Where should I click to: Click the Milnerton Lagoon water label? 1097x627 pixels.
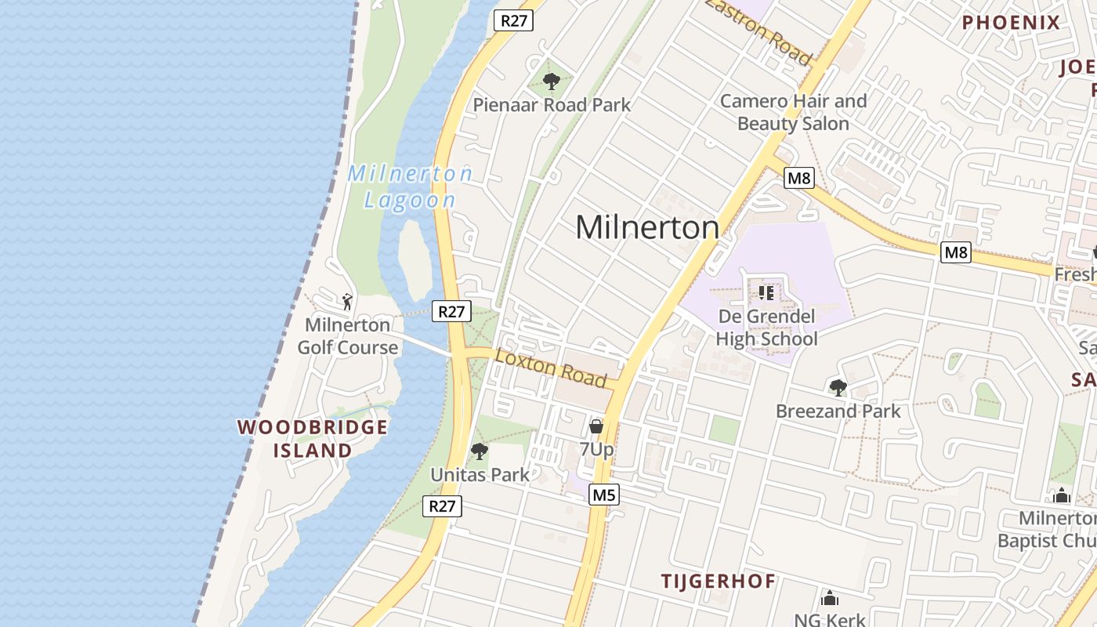411,187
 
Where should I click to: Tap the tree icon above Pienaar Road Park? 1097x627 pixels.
552,80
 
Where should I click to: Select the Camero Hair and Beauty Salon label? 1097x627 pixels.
793,112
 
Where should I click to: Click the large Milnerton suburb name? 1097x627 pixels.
647,228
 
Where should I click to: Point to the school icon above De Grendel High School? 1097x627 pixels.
766,293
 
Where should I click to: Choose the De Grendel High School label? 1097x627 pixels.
766,328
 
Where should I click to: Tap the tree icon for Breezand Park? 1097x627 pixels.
838,387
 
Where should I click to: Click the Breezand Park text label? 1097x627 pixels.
838,411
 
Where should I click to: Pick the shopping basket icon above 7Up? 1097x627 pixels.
596,426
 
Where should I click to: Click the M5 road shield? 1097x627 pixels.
604,495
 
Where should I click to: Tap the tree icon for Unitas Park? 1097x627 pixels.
479,451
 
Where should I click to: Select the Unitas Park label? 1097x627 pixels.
480,475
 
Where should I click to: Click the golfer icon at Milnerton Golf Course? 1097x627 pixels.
347,301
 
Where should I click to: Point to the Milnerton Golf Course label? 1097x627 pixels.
347,335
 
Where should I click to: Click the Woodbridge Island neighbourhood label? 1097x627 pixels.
313,439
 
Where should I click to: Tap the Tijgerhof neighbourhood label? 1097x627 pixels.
718,582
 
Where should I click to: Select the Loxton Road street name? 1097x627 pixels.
552,368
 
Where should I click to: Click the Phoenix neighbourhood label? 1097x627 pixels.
1011,23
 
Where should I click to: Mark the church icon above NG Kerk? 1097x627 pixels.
830,599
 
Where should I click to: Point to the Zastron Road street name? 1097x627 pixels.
758,31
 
